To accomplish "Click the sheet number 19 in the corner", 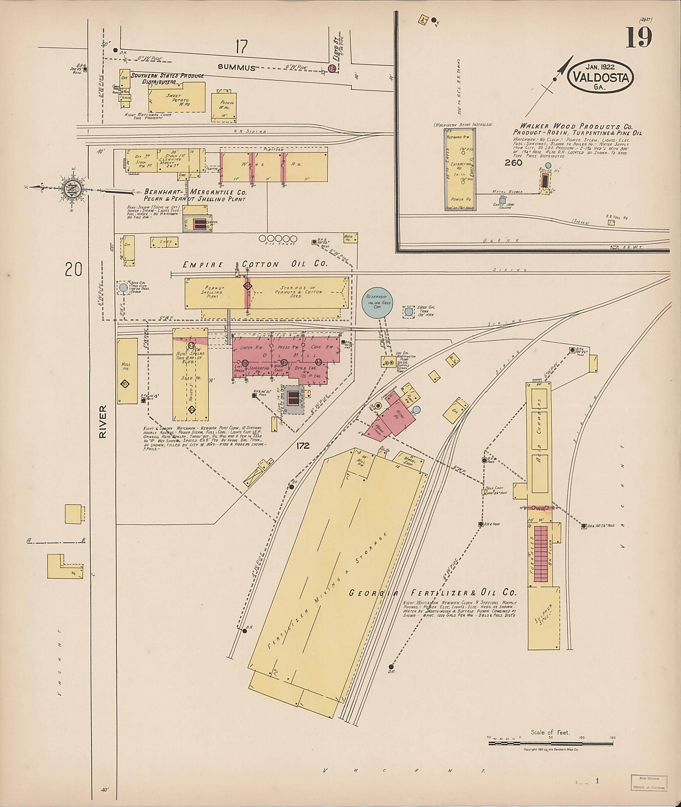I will [638, 38].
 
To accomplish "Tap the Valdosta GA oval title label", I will [600, 77].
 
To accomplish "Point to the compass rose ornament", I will [74, 188].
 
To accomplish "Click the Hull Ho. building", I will [127, 371].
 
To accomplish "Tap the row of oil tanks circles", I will [278, 239].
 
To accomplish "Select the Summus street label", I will [236, 67].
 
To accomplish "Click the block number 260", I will [513, 163].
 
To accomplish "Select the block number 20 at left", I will [73, 269].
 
